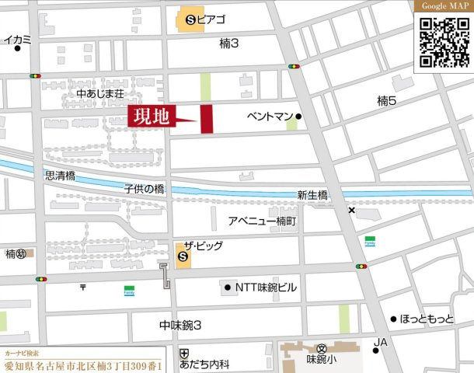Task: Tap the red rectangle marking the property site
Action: point(207,118)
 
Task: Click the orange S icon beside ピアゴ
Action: point(187,18)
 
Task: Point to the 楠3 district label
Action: point(229,44)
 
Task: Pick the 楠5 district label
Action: point(386,100)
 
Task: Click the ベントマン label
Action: point(269,117)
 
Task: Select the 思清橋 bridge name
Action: point(60,176)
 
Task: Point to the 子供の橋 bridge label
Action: point(144,190)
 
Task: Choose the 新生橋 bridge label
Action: point(312,196)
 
